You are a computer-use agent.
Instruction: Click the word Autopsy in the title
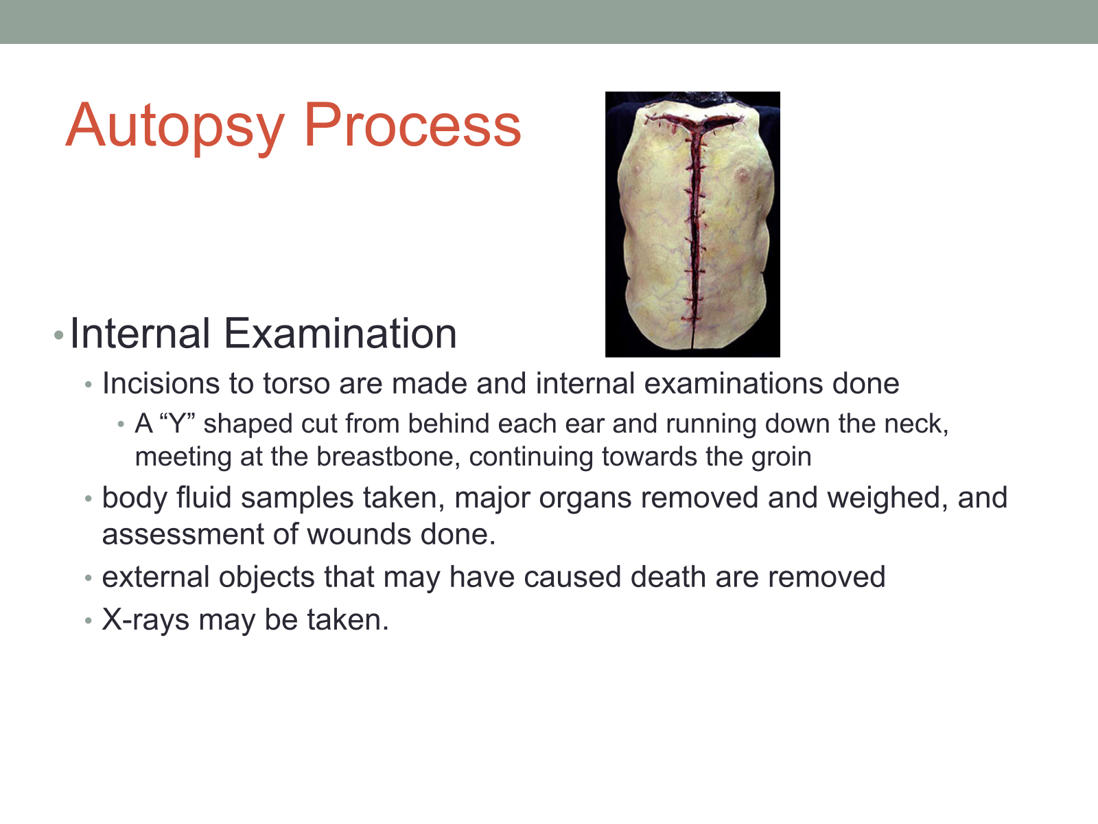pos(176,127)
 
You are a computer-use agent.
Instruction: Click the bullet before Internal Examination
pos(58,334)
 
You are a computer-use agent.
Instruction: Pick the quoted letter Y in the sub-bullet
pos(176,424)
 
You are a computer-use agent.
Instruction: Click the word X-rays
pos(145,620)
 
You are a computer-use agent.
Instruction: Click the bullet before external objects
pos(89,578)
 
